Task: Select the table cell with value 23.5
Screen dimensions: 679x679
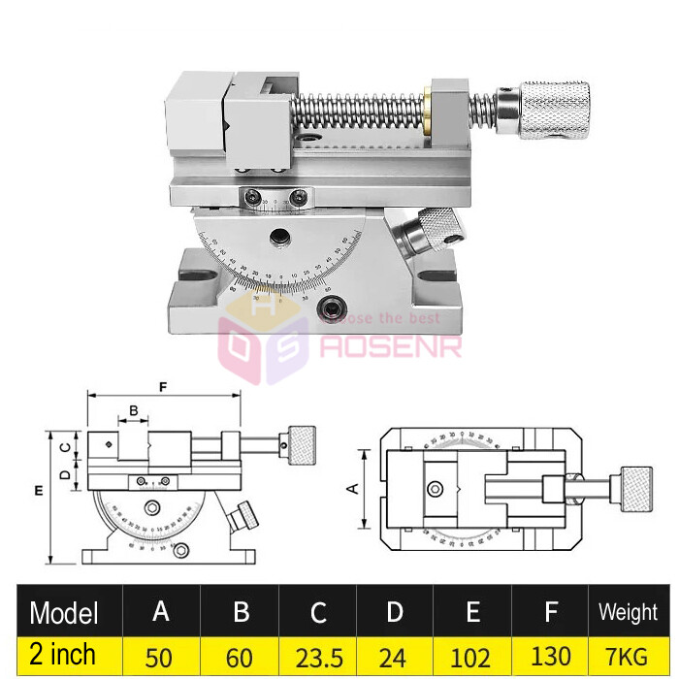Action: (318, 657)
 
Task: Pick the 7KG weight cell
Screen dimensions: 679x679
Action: (628, 657)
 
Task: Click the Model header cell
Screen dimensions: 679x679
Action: (64, 612)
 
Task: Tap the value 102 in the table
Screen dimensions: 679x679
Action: (471, 657)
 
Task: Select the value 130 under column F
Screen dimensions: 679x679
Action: (550, 657)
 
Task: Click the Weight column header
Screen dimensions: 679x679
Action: (628, 612)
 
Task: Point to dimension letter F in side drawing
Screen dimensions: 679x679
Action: (163, 386)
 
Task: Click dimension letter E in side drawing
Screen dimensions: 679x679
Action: (38, 492)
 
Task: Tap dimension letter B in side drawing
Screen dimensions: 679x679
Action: (134, 411)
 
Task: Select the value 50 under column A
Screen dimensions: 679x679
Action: (161, 657)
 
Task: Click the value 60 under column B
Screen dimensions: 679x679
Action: (240, 657)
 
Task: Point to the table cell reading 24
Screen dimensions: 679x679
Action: (394, 657)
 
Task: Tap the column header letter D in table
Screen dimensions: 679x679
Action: (394, 612)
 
